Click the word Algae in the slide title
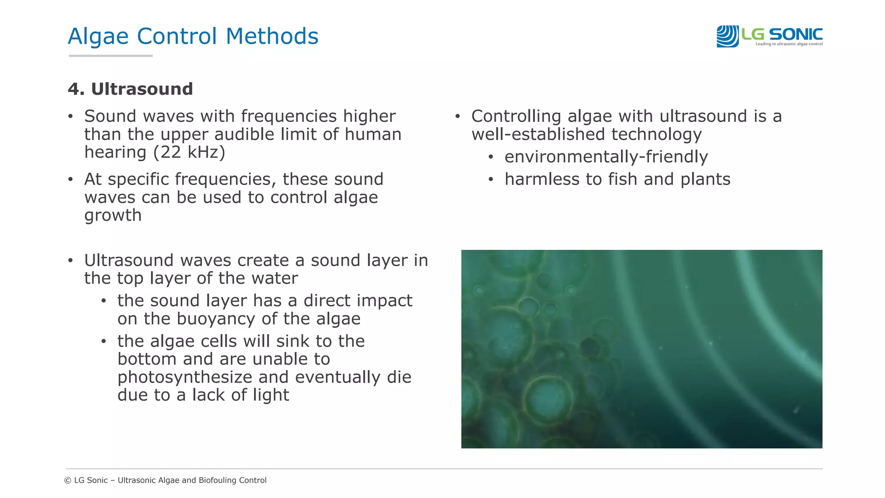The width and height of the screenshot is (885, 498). click(x=98, y=37)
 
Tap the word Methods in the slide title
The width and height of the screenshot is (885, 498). click(x=272, y=36)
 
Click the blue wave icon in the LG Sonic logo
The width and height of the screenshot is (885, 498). click(x=727, y=36)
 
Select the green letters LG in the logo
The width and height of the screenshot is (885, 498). click(x=753, y=34)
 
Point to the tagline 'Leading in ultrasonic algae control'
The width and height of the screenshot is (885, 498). click(x=789, y=44)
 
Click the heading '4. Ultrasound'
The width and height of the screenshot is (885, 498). click(x=130, y=89)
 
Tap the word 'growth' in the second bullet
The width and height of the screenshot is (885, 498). click(x=113, y=215)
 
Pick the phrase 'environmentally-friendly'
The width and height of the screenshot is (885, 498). click(x=606, y=157)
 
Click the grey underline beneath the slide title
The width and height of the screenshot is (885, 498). click(x=111, y=56)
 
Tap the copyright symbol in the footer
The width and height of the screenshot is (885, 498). click(x=68, y=480)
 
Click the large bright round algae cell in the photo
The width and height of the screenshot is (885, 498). click(x=548, y=398)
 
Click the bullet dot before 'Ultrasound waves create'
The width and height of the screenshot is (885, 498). click(x=70, y=261)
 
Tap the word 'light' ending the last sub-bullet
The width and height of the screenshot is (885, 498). click(x=271, y=395)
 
